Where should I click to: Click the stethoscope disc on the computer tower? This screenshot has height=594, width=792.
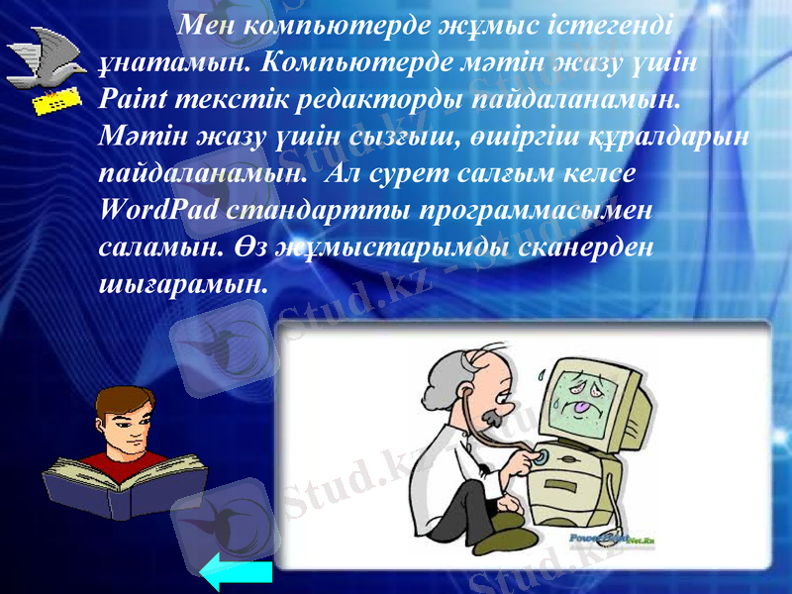[540, 456]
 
